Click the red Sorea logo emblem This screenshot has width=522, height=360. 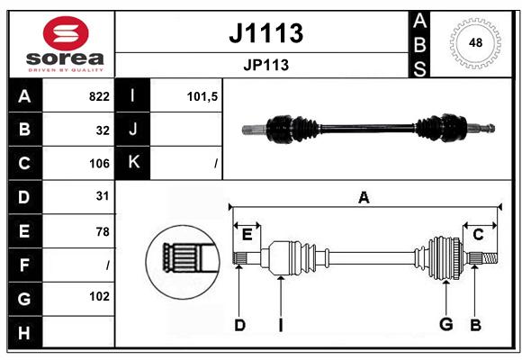(x=66, y=33)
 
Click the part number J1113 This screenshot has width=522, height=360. (x=266, y=33)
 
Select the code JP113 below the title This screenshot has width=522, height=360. (x=266, y=65)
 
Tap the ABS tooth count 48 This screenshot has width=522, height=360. (x=475, y=42)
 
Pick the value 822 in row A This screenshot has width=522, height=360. (x=99, y=96)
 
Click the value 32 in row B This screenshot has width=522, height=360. (x=103, y=130)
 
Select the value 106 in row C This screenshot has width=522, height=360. (x=99, y=164)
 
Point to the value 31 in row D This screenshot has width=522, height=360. (x=103, y=196)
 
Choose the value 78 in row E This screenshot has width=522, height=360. (x=103, y=231)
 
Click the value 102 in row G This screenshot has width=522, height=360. (x=99, y=296)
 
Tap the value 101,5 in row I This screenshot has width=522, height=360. (x=202, y=96)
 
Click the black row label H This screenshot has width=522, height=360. (x=25, y=333)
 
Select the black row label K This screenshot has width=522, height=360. (x=132, y=163)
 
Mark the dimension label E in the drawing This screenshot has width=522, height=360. (x=247, y=235)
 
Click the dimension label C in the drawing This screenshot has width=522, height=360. (x=478, y=235)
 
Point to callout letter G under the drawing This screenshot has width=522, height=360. (x=446, y=324)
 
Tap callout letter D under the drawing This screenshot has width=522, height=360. (x=239, y=325)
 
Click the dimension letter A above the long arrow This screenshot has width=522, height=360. (x=364, y=197)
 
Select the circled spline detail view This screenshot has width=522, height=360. (x=183, y=261)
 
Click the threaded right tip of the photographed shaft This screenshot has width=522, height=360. (x=490, y=128)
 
